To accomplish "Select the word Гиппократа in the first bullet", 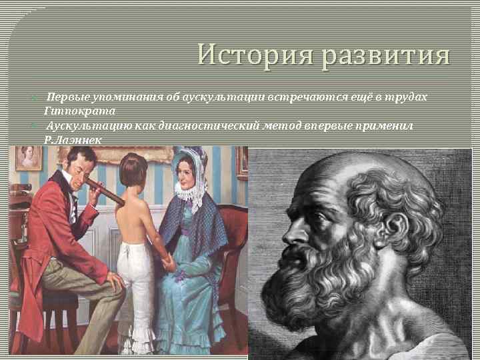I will click(x=79, y=111).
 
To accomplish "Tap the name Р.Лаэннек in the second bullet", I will click(x=74, y=139).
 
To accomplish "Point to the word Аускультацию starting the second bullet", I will click(x=86, y=125).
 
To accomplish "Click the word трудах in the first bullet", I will click(x=407, y=97).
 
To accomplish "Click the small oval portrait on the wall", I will click(x=28, y=157).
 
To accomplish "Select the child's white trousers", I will click(x=136, y=287).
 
